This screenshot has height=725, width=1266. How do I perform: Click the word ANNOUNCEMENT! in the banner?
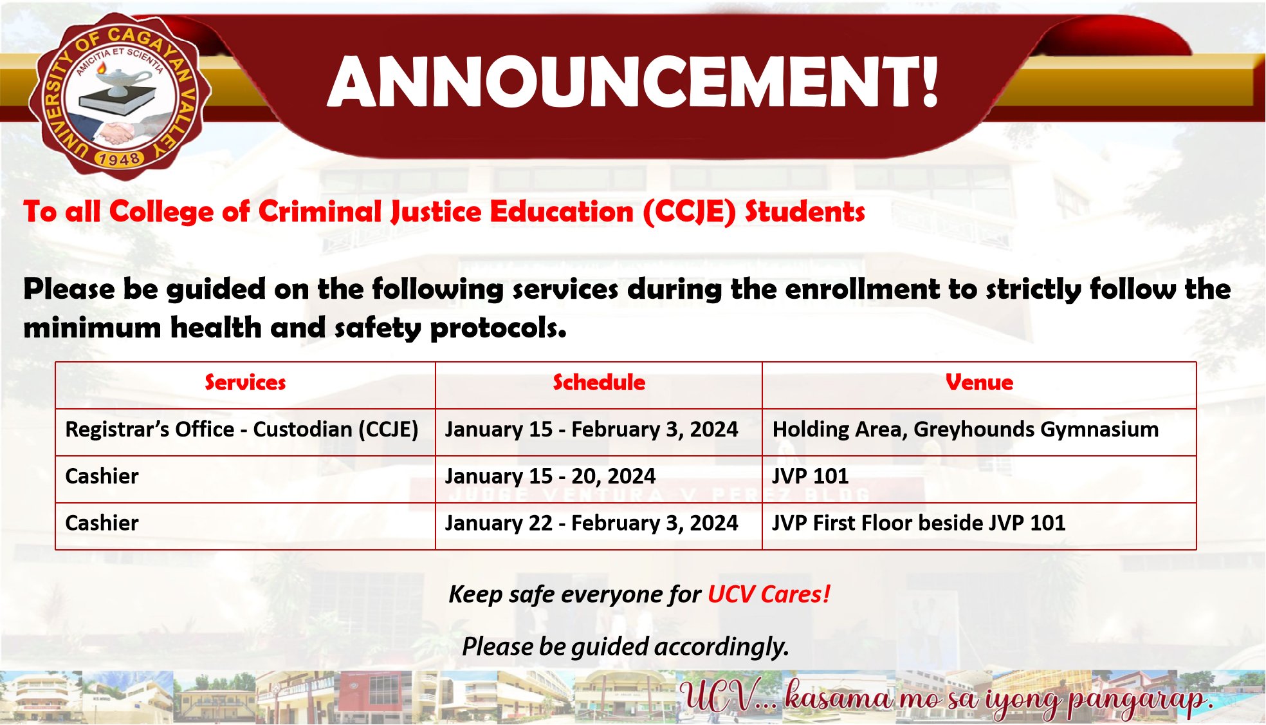633,82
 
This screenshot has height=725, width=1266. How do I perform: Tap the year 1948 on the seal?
119,158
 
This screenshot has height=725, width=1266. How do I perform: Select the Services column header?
245,382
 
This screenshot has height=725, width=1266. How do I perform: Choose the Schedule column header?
599,382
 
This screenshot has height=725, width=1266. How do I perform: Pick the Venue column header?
979,382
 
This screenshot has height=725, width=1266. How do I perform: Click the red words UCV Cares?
769,594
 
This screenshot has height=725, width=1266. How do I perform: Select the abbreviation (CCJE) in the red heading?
689,212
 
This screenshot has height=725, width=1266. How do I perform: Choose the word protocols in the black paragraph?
498,328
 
